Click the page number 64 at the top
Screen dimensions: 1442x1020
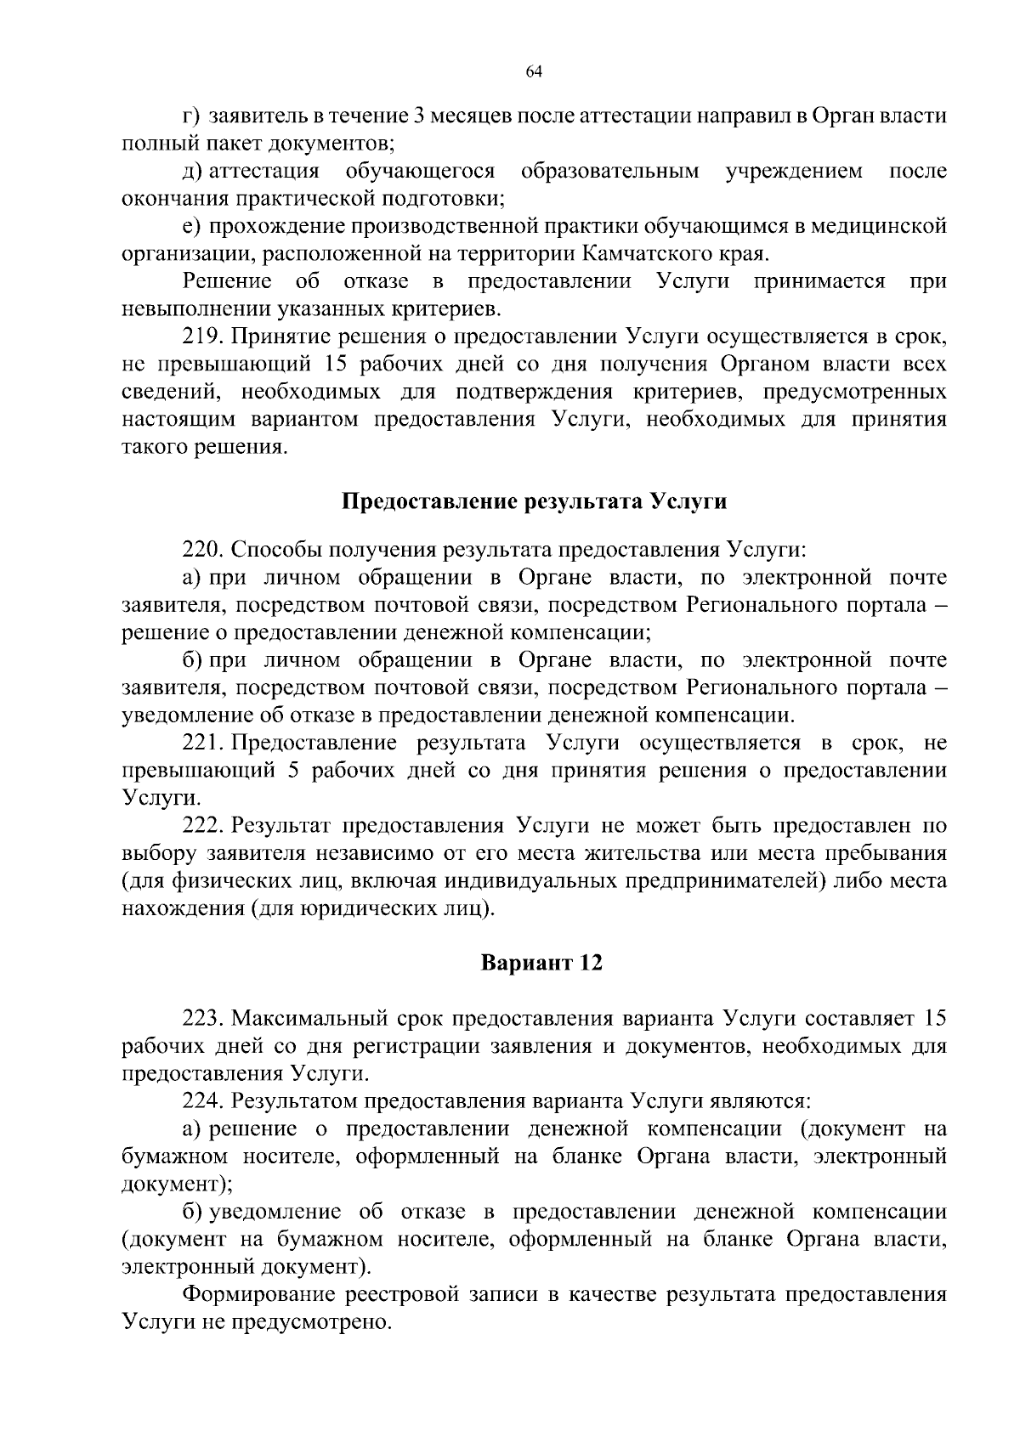tap(534, 72)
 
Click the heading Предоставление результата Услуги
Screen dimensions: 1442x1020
tap(534, 501)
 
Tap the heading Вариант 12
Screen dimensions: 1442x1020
tap(541, 964)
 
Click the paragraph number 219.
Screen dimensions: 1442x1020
tap(201, 336)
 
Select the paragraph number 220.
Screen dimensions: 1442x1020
tap(201, 550)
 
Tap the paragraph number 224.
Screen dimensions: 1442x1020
tap(201, 1101)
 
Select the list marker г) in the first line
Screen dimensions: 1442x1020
tap(190, 116)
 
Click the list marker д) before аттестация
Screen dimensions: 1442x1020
tap(192, 171)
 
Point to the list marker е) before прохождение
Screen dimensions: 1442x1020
tap(190, 226)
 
